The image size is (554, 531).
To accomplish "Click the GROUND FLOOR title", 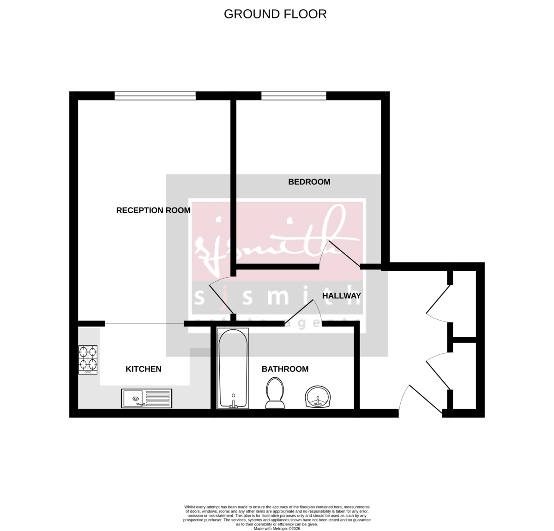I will coord(275,14).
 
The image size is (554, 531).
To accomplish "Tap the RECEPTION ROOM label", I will coord(153,210).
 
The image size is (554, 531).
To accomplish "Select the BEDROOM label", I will coord(309,182).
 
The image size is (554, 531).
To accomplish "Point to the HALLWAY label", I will coord(341,296).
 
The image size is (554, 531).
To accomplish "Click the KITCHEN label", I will coord(144,369).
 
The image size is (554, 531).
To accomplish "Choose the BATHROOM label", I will coord(285,369).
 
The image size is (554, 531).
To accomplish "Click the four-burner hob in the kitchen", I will coord(89,359).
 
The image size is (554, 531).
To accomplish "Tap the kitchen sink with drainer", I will coord(146,398).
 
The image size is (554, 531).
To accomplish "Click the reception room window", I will coord(155,95).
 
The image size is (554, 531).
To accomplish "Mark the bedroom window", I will coord(294,95).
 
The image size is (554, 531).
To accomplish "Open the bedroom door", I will coord(343,254).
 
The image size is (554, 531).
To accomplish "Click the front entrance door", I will coord(424,399).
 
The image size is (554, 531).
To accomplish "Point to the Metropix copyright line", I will coord(277,529).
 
